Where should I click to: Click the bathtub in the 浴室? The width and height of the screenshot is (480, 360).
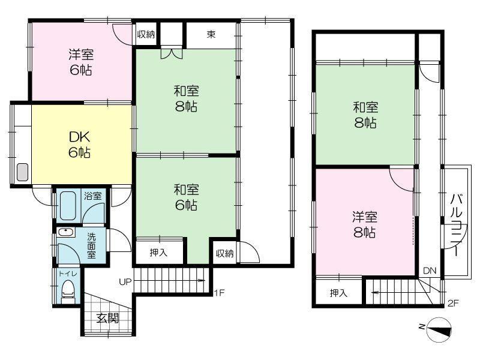coord(68,206)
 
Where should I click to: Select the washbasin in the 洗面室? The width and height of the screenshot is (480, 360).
coord(66,232)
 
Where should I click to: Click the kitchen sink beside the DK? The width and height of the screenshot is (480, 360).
coord(22,172)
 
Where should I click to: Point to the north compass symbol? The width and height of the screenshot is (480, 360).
coord(438,329)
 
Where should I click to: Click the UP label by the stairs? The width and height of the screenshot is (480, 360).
coord(125,281)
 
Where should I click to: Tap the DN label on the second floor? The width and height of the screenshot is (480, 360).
coord(430,271)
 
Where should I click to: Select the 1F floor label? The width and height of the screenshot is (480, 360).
coord(219,293)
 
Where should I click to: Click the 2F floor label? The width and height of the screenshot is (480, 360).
coord(453,304)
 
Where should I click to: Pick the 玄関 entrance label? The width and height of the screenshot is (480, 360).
coord(107,319)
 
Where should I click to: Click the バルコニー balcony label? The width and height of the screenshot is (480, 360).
coord(456,224)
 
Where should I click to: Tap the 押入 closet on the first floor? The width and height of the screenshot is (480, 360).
coord(158,253)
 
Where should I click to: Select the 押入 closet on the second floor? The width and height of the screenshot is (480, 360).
coord(338,293)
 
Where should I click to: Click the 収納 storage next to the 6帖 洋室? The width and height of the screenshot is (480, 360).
coord(146,34)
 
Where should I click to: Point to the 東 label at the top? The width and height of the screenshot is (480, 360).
coord(211,34)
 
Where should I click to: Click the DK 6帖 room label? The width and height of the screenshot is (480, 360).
coord(79,145)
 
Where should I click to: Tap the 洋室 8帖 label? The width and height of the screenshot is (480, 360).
coord(365,224)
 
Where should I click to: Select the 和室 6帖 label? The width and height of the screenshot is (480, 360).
coord(186,197)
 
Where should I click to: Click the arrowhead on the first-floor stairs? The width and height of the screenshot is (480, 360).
coord(202,280)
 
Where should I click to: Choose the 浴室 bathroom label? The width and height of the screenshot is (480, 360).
coord(93,196)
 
